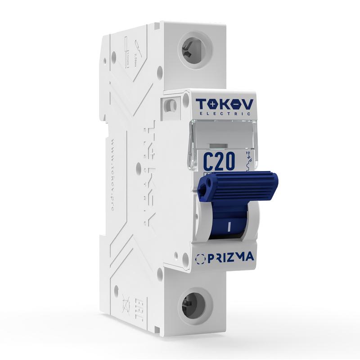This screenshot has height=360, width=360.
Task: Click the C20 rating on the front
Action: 219,161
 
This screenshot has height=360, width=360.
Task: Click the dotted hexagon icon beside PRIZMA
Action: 201,259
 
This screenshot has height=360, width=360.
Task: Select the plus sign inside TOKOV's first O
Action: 211,105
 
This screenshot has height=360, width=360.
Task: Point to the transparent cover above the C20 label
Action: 220,135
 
